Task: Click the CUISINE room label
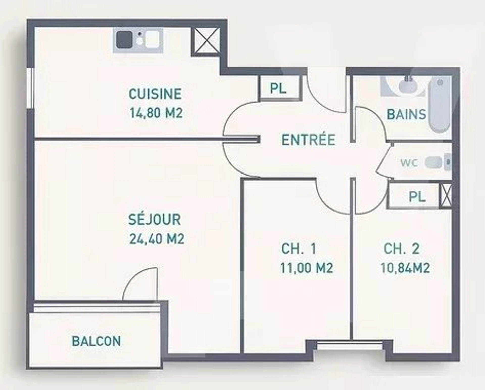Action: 155,94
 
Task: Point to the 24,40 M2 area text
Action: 157,239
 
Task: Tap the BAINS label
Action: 406,114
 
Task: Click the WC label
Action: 409,163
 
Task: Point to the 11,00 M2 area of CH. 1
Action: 307,268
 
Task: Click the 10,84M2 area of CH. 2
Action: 405,268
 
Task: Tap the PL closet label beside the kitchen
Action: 278,88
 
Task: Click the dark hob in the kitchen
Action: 124,39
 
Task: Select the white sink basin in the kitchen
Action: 152,39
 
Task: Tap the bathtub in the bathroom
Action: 440,104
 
